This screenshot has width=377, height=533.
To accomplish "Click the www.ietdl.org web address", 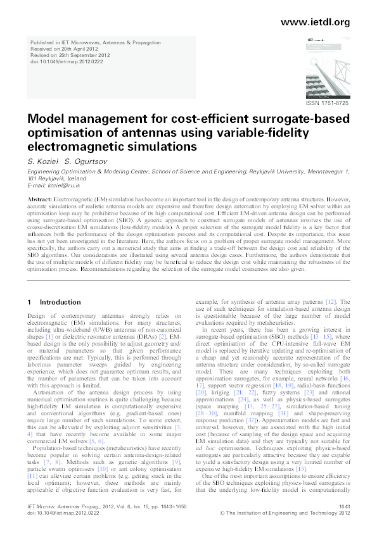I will [x=314, y=22].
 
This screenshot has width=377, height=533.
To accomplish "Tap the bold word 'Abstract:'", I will [x=40, y=199].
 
